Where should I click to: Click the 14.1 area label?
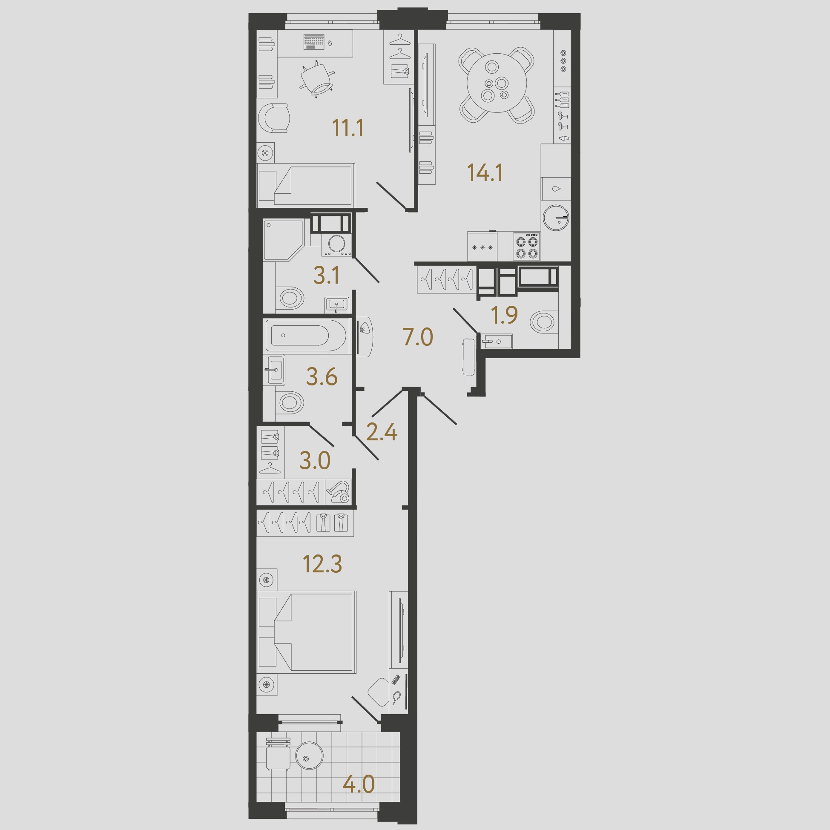click(485, 173)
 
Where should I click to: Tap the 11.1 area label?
click(348, 128)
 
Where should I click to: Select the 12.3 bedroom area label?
click(323, 564)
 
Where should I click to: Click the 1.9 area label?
click(504, 315)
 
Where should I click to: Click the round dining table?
click(497, 83)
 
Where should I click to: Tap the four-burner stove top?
click(526, 246)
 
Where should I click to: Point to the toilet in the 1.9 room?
click(543, 322)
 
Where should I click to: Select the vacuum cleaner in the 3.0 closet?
click(339, 492)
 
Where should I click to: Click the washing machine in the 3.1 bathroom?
click(336, 244)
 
